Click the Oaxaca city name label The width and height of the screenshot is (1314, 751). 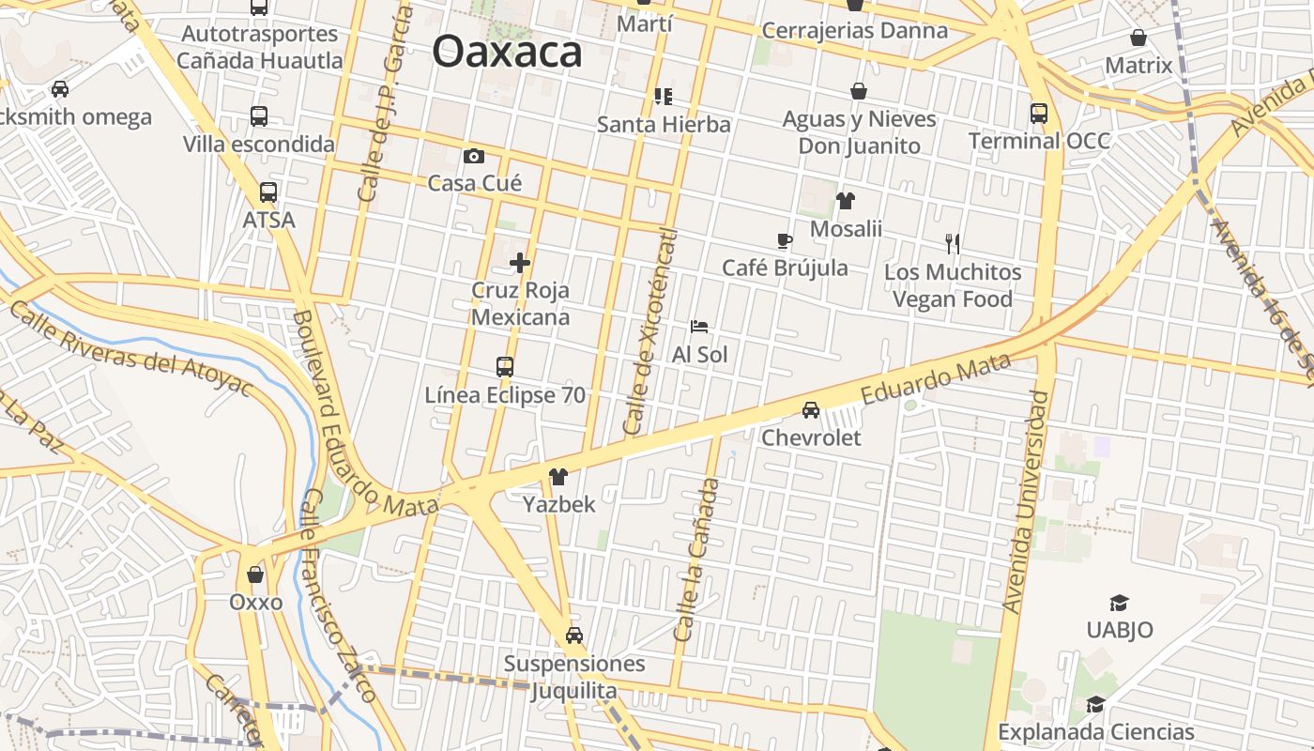pyautogui.click(x=507, y=52)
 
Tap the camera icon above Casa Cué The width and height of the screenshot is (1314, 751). pyautogui.click(x=474, y=156)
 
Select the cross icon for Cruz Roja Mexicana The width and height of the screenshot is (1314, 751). pyautogui.click(x=520, y=263)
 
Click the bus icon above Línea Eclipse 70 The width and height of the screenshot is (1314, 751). pyautogui.click(x=505, y=367)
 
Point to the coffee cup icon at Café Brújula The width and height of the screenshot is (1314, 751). pyautogui.click(x=785, y=241)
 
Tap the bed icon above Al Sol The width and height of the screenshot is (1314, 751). pyautogui.click(x=699, y=327)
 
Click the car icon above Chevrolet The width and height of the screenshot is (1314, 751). pyautogui.click(x=811, y=410)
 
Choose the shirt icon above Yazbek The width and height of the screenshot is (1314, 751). pyautogui.click(x=558, y=477)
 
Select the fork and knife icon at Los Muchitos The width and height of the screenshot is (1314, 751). pyautogui.click(x=953, y=244)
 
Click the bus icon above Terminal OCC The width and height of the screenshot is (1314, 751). pyautogui.click(x=1039, y=114)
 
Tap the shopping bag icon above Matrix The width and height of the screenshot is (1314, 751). pyautogui.click(x=1138, y=38)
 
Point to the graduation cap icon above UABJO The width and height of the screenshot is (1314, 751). pyautogui.click(x=1119, y=603)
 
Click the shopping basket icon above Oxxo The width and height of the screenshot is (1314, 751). pyautogui.click(x=255, y=575)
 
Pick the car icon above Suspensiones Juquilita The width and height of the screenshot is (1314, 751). pyautogui.click(x=574, y=636)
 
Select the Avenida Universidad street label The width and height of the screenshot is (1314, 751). pyautogui.click(x=1025, y=502)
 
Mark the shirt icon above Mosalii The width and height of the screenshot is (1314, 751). pyautogui.click(x=846, y=201)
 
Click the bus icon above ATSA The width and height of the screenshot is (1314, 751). pyautogui.click(x=268, y=192)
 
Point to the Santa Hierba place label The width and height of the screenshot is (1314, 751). pyautogui.click(x=664, y=124)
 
